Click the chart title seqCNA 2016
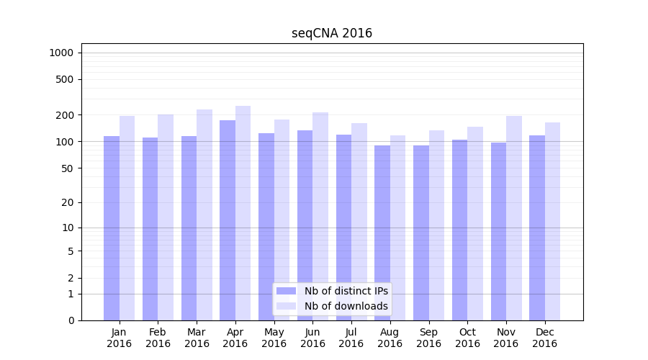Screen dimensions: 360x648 (332, 33)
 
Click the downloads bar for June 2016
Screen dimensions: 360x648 (320, 216)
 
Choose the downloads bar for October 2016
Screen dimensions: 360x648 (475, 223)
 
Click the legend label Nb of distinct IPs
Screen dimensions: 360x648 (346, 291)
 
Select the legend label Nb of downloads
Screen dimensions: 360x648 (346, 306)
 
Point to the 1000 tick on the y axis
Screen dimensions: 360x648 (61, 53)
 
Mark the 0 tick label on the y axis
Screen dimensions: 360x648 (71, 320)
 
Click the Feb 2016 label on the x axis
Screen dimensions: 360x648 (158, 338)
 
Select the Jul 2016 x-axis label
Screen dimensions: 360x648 (351, 338)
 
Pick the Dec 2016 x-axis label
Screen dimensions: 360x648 (544, 338)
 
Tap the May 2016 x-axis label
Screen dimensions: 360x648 (274, 338)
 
